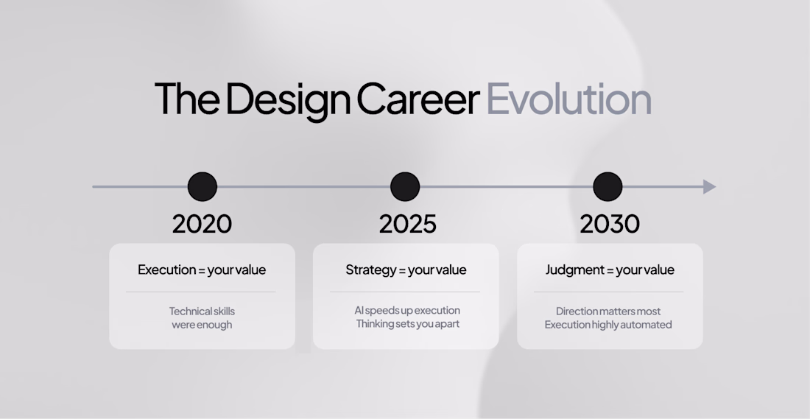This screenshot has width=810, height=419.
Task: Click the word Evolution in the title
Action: pos(568,99)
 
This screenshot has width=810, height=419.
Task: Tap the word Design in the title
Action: pos(288,102)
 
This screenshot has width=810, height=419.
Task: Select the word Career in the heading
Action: pos(418,99)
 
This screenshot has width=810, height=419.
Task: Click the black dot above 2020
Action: pos(202,186)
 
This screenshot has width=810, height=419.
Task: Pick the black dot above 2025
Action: pos(405,186)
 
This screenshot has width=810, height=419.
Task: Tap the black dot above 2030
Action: pos(607,186)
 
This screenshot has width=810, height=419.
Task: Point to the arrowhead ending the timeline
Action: pos(710,186)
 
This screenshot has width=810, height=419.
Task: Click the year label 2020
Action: pos(202,224)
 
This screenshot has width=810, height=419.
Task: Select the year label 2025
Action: pos(408,224)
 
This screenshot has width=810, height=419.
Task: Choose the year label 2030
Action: pos(610,224)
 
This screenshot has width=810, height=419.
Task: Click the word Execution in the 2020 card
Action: pos(167,270)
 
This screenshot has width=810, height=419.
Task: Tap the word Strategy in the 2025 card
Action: pos(371,270)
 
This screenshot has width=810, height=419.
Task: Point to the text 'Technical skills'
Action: pos(202,311)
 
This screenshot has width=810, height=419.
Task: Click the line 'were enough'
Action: pos(202,325)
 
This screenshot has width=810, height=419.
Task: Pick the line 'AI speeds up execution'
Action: pos(407,311)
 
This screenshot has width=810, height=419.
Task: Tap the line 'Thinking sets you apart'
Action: pos(408,324)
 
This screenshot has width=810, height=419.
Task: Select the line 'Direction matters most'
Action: pos(608,311)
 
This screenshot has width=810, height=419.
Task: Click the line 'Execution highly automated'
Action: pos(608,325)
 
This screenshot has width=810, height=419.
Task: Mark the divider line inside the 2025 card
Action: pos(405,292)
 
